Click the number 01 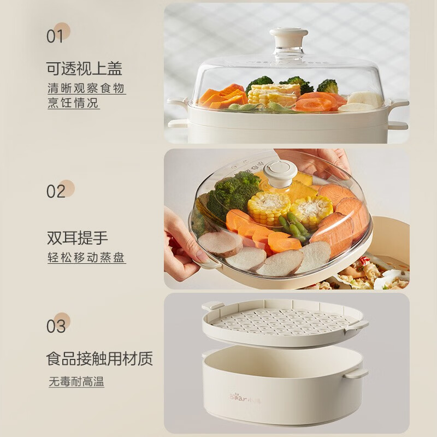pos(55,37)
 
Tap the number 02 pos(56,192)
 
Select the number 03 pos(56,326)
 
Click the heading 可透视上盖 pos(84,69)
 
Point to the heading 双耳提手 pos(77,238)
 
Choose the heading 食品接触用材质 pos(99,358)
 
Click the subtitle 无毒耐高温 pos(76,381)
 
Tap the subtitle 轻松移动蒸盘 pos(86,257)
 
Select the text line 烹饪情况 pos(73,103)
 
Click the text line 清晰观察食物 pos(86,88)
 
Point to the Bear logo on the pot pos(245,398)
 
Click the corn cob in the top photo pos(274,94)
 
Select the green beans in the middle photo pos(293,226)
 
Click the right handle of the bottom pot pos(356,373)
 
